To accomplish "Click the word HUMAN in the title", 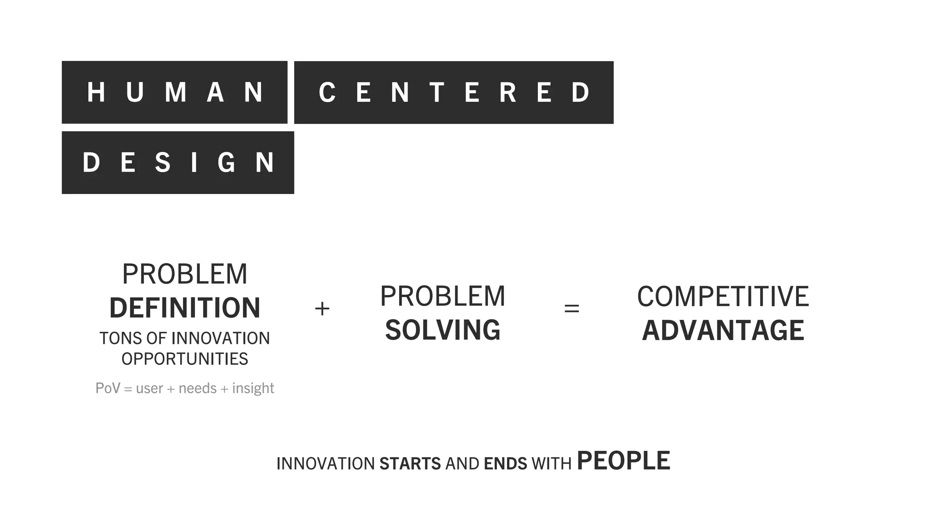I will [x=175, y=92].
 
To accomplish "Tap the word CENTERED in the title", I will [x=454, y=92].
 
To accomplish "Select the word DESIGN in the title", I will [x=178, y=163].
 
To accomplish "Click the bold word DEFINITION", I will [x=185, y=308].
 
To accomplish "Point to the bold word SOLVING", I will [x=442, y=330].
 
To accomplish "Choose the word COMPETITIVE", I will [x=723, y=296].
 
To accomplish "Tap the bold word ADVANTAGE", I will [x=723, y=330].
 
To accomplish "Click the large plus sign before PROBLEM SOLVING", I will [x=322, y=308].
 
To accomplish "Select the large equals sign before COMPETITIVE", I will [x=572, y=308].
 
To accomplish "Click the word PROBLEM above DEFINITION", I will [x=185, y=274].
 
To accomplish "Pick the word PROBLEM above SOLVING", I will [x=442, y=296].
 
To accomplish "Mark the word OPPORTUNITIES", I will [x=185, y=359].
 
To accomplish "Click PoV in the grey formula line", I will [x=107, y=388].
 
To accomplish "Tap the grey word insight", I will [x=253, y=388].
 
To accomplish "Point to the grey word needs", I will [x=197, y=388].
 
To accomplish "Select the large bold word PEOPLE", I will [x=623, y=461].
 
